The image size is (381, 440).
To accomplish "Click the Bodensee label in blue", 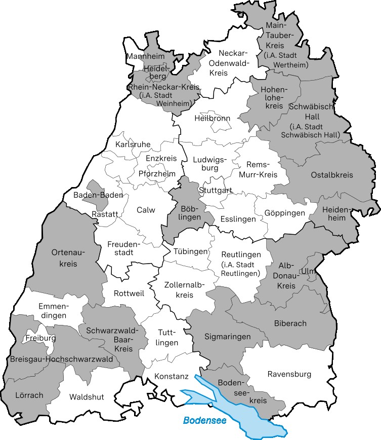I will tap(205, 420).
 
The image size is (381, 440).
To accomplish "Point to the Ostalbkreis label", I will tap(332, 175).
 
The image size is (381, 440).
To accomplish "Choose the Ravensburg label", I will tap(289, 374).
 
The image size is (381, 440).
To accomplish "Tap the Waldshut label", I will tap(87, 397).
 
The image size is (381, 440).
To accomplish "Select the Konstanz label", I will tap(169, 377).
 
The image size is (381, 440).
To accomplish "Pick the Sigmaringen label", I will tap(228, 336).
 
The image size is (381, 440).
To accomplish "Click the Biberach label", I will tap(290, 323).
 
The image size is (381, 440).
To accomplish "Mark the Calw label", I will tap(146, 210).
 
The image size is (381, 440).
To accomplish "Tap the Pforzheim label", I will tap(157, 173).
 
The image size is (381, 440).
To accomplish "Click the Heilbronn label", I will tap(212, 118).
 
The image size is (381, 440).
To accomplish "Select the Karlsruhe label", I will tap(133, 144).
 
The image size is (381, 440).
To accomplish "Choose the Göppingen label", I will tap(284, 213).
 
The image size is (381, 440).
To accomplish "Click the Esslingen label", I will tap(238, 219).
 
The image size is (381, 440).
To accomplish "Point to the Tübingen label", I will tap(191, 251).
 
